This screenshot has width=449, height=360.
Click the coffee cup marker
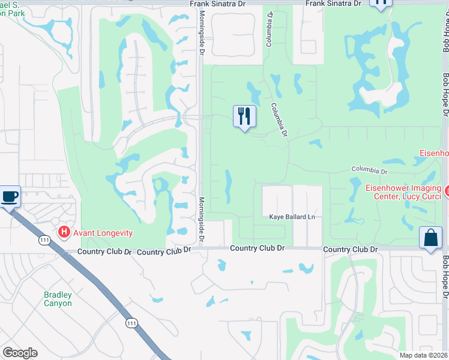tap(9, 196)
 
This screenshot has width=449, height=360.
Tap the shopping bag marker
tap(430, 238)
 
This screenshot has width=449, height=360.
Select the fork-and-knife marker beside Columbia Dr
tap(244, 116)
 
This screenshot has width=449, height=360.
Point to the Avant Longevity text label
tap(103, 233)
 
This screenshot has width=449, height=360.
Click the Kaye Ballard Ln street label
tap(292, 217)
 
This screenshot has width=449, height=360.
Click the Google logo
tap(20, 353)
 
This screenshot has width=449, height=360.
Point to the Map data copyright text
tap(424, 355)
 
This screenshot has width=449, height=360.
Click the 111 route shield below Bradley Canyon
tap(131, 323)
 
